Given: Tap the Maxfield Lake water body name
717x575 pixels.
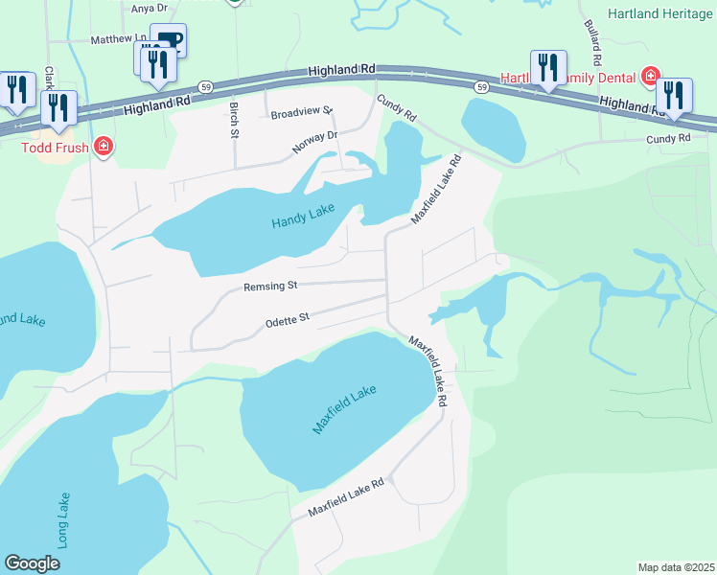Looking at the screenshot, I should point(344,409).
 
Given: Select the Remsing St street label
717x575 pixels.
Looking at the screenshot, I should point(271,286).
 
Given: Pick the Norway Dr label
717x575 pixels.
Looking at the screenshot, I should point(316,142).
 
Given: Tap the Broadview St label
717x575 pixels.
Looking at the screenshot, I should point(300,113).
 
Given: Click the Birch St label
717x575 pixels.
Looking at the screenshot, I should point(233,119).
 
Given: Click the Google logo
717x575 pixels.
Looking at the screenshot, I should point(32,563).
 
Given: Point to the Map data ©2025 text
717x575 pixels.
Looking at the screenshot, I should point(676,567).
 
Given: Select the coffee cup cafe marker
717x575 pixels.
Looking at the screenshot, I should point(169,40).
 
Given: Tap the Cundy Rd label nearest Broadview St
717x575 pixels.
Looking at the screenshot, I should point(396,107).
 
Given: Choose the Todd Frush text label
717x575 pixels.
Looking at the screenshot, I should point(56,148).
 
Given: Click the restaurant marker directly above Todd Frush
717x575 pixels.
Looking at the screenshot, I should point(60,107).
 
